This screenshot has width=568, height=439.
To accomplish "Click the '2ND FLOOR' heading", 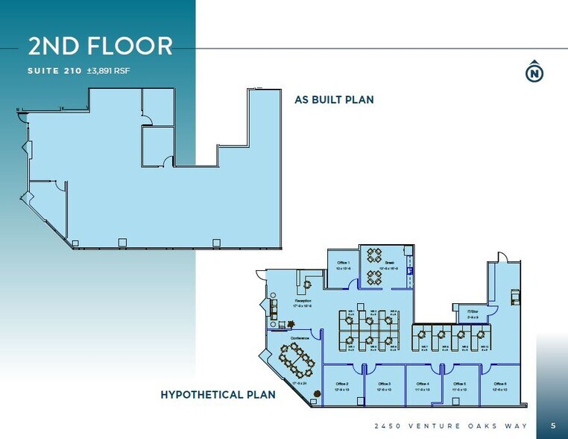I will (100, 46).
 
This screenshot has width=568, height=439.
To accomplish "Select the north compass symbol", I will (534, 72).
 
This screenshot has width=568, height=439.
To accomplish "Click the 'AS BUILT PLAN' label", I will (334, 99).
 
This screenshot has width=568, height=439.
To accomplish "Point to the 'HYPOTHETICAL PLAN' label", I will (218, 394).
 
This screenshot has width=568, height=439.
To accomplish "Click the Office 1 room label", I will (343, 264).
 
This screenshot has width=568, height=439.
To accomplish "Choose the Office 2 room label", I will (342, 384).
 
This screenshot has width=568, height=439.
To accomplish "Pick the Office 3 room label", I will (384, 384).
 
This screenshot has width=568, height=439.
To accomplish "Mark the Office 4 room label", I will (423, 384).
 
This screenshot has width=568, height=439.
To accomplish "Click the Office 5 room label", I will (460, 384).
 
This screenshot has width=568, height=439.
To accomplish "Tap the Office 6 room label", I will (499, 384).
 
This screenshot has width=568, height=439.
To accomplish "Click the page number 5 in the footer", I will (552, 425).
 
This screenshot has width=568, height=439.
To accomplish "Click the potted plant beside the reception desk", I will (290, 324).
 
